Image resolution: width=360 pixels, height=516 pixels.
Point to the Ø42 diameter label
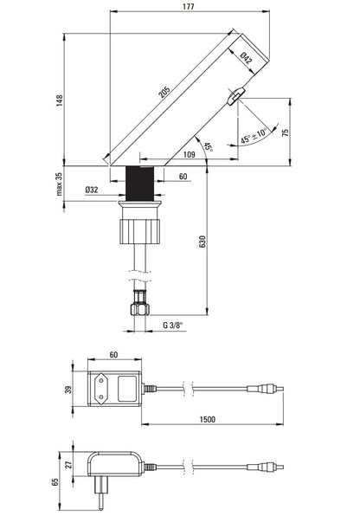246,58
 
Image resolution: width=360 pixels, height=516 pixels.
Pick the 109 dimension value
189,155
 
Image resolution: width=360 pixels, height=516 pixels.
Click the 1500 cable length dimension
207,419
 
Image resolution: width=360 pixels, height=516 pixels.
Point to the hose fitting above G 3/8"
138,306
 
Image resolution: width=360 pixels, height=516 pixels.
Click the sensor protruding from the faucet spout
235,99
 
